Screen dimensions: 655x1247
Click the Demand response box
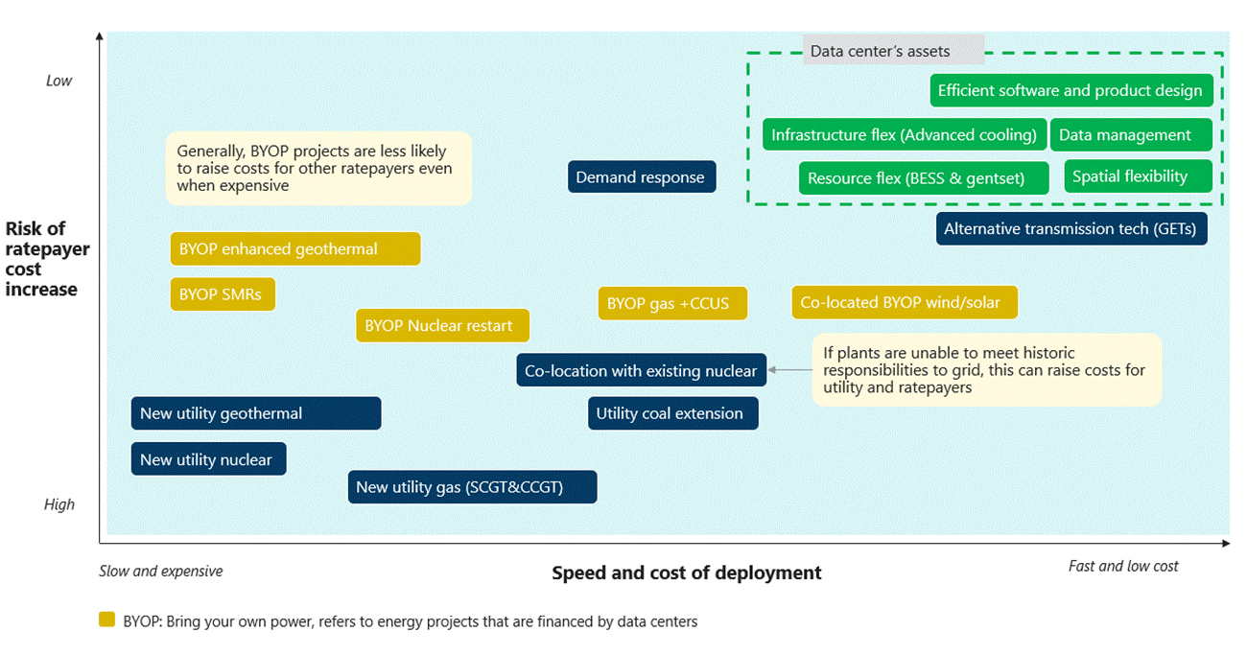641,176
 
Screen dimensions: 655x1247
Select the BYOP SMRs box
223,294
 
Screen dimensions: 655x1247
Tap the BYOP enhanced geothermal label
294,248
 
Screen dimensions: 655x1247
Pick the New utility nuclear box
208,459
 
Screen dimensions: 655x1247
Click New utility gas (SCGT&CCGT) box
472,487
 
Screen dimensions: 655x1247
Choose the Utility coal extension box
672,413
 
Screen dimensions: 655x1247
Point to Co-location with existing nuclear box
641,370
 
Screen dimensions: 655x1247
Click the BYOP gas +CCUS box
671,303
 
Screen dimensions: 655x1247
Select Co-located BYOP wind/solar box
904,302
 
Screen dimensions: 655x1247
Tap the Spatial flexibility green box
1138,176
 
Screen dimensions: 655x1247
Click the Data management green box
1131,135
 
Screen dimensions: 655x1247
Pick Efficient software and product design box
1071,90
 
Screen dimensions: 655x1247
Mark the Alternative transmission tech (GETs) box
1071,228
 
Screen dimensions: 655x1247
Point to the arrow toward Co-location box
788,369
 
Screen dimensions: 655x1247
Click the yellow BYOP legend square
107,620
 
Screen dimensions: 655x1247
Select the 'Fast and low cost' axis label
1123,566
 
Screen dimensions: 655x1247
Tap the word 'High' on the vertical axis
59,504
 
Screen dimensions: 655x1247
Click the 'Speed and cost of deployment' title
687,573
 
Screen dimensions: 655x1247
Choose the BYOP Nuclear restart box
441,325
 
